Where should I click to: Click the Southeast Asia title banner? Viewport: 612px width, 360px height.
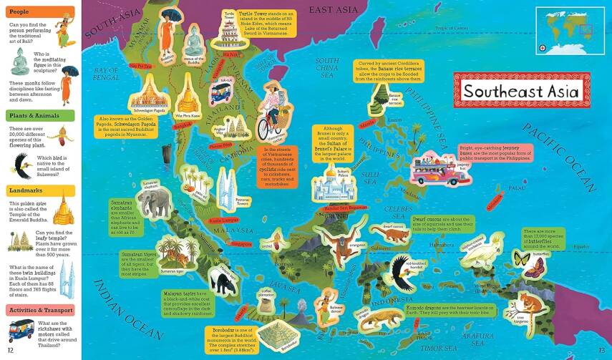pyautogui.click(x=517, y=91)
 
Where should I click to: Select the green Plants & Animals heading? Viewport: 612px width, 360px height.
pyautogui.click(x=40, y=115)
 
